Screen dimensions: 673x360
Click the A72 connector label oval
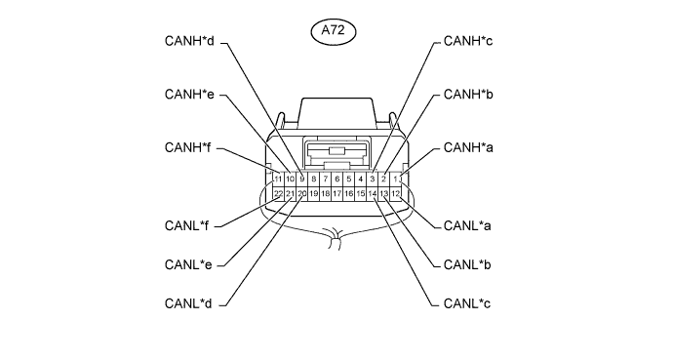click(x=333, y=31)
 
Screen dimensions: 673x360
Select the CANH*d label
click(x=189, y=41)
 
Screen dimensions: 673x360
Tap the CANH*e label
click(x=189, y=95)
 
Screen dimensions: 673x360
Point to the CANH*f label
click(x=187, y=147)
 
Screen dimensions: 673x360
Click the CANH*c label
click(x=468, y=41)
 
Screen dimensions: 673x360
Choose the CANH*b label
click(x=468, y=95)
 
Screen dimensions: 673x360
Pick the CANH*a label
click(x=468, y=147)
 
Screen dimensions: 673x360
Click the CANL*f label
click(x=186, y=225)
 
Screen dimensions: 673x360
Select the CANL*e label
click(x=188, y=264)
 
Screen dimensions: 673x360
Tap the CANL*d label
click(x=188, y=303)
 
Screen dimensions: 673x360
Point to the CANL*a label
click(x=467, y=225)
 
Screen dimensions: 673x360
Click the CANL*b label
click(x=467, y=264)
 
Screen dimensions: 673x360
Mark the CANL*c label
click(x=467, y=303)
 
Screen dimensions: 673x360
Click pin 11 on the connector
click(x=278, y=179)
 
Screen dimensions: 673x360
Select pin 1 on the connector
click(x=395, y=179)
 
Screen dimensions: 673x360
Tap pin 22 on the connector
click(x=278, y=194)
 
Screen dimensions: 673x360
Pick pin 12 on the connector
click(x=395, y=194)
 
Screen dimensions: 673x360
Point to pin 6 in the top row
click(x=336, y=179)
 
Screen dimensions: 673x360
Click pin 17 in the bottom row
click(x=336, y=194)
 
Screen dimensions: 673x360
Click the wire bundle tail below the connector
click(x=335, y=239)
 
